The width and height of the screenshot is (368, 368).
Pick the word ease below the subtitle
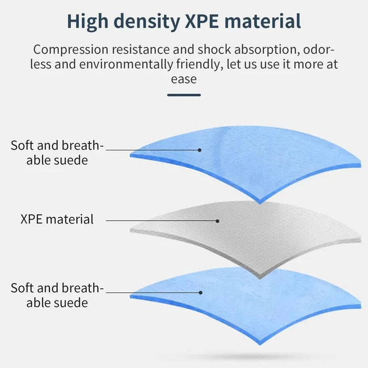[184, 79]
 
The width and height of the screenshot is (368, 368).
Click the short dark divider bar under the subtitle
[184, 95]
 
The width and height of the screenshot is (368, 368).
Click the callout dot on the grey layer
[217, 221]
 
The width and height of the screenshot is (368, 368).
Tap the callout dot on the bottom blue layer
[200, 293]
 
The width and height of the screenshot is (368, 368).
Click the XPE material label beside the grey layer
[57, 220]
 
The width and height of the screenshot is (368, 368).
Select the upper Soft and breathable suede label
[57, 152]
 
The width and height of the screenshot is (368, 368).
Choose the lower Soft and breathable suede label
[57, 295]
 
